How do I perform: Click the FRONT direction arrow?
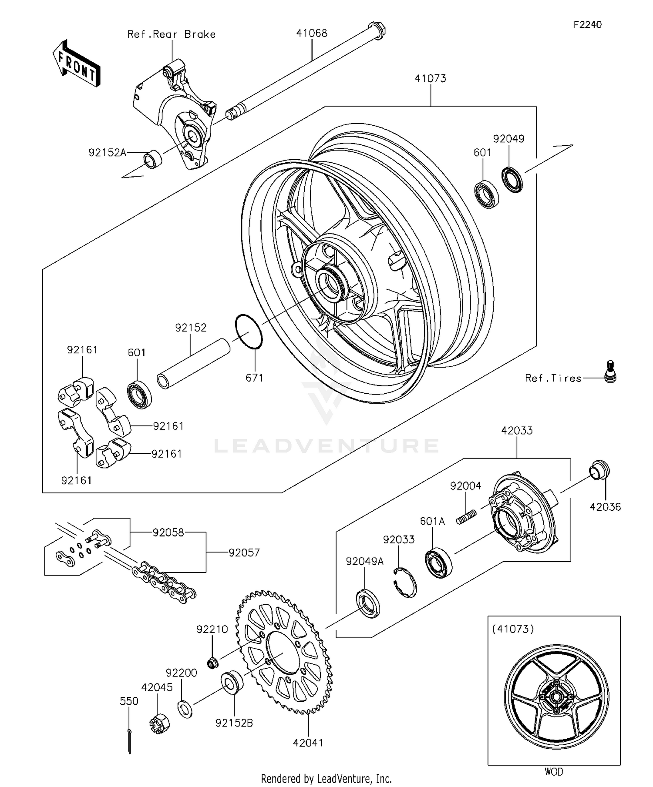(x=77, y=64)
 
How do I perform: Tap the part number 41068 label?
(x=312, y=33)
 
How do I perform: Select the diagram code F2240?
(x=587, y=24)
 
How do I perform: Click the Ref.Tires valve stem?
(x=611, y=372)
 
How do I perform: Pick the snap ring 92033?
(x=405, y=582)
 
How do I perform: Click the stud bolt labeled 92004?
(x=466, y=518)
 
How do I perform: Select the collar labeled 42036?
(x=599, y=470)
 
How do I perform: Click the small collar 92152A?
(x=153, y=159)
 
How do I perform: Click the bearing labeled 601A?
(x=438, y=564)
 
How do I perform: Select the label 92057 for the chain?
(x=244, y=553)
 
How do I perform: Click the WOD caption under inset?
(x=553, y=771)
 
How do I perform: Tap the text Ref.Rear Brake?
(x=171, y=34)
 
